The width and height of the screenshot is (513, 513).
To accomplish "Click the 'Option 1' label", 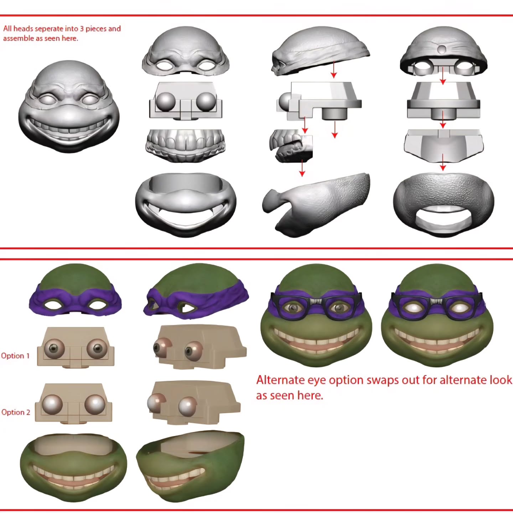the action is click(15, 356).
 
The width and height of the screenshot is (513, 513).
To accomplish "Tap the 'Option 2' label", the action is click(16, 412).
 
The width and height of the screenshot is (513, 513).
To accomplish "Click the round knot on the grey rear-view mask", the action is click(442, 49).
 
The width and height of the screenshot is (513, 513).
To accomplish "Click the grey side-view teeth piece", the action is click(291, 146).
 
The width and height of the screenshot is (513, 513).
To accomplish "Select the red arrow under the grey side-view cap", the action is click(334, 69).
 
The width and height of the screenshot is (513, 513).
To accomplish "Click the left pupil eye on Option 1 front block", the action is click(54, 348).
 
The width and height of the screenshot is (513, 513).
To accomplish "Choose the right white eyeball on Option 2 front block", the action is click(94, 404).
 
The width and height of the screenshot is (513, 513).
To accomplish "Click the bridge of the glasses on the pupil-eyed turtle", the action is click(316, 301).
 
